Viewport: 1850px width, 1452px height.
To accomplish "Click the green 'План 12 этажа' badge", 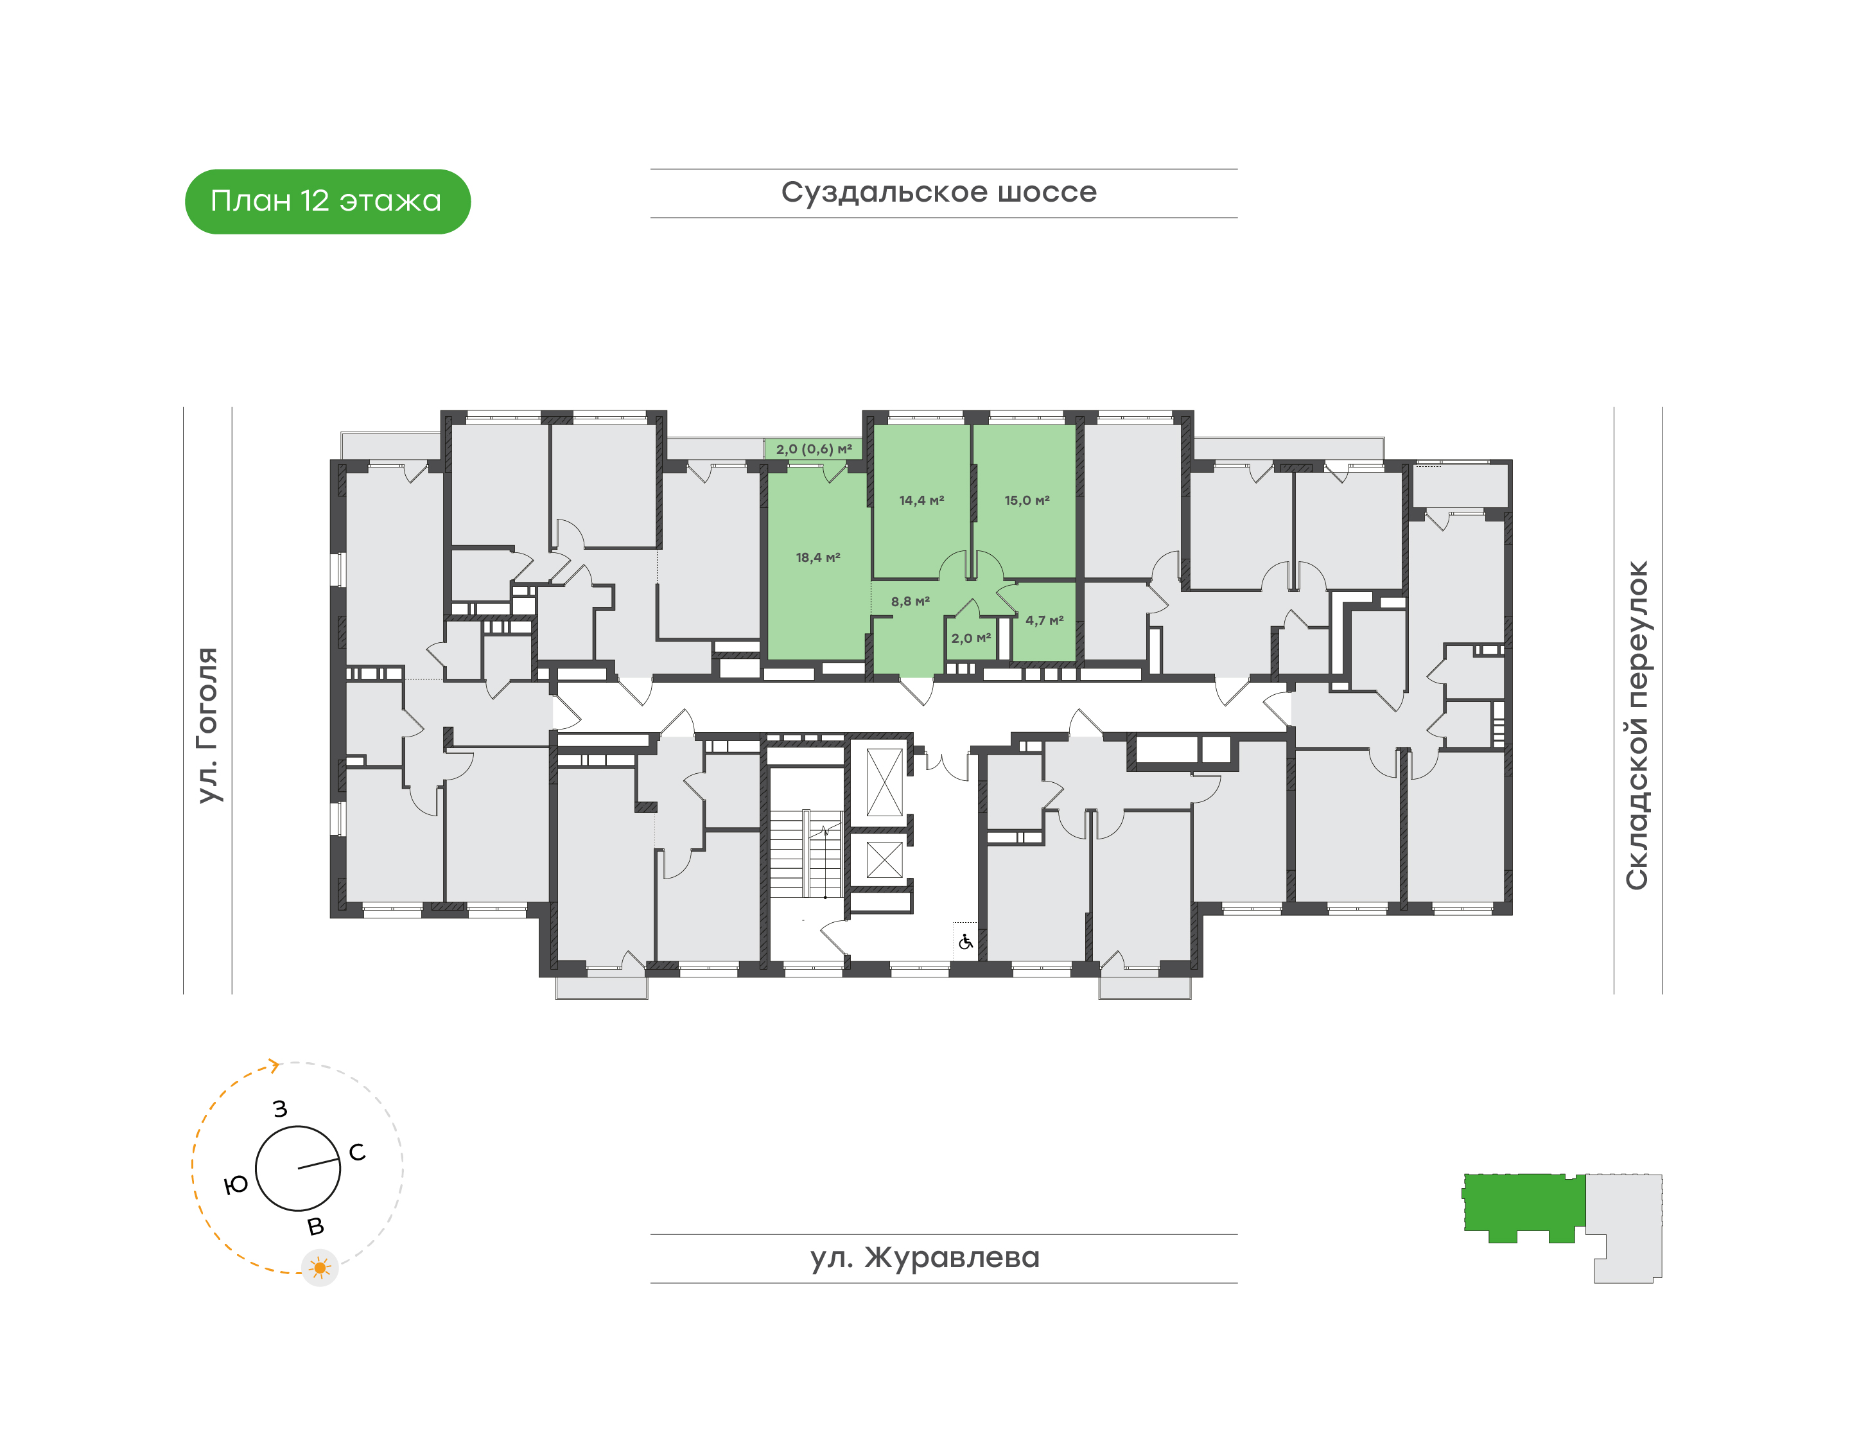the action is (x=327, y=202).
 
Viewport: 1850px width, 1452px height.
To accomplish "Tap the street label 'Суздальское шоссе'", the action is (x=939, y=192).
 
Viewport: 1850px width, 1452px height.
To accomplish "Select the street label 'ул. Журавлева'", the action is (x=925, y=1257).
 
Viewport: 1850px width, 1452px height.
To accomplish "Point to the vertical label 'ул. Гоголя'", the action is (x=207, y=725).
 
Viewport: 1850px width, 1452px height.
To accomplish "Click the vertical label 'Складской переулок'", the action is (x=1637, y=725).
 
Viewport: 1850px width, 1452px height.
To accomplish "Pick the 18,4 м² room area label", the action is (x=818, y=557).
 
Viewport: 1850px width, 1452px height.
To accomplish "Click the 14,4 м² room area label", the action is (x=921, y=501).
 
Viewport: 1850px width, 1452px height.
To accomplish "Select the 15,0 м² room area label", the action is (x=1027, y=501).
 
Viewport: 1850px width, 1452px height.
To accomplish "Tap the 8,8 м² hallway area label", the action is (x=911, y=601).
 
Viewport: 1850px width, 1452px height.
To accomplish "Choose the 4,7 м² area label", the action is (x=1045, y=620).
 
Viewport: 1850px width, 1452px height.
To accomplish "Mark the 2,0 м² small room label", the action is (x=971, y=638).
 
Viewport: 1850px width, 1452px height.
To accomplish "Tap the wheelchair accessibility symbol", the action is (x=966, y=942).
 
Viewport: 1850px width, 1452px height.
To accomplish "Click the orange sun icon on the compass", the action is (x=320, y=1268).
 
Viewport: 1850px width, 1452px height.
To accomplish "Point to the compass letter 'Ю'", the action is (x=236, y=1184).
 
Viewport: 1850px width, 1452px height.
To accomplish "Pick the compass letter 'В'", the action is (x=315, y=1227).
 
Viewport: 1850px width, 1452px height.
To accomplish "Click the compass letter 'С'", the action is (x=357, y=1152).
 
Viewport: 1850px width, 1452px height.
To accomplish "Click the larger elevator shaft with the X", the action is (x=884, y=782).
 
